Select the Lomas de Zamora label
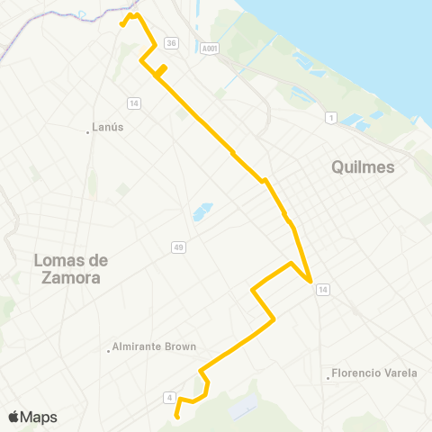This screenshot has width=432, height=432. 70,268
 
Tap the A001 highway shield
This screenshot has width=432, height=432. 210,49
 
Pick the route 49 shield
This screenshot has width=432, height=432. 178,247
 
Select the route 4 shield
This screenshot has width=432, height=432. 169,397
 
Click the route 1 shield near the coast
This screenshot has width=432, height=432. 331,118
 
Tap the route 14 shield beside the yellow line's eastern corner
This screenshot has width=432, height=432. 323,288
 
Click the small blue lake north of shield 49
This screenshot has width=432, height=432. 201,213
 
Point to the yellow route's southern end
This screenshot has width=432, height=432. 177,417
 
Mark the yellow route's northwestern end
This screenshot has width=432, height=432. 122,25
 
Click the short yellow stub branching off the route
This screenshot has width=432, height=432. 162,70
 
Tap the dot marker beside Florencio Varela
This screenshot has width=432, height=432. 328,377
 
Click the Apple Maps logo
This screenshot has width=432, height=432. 31,417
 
